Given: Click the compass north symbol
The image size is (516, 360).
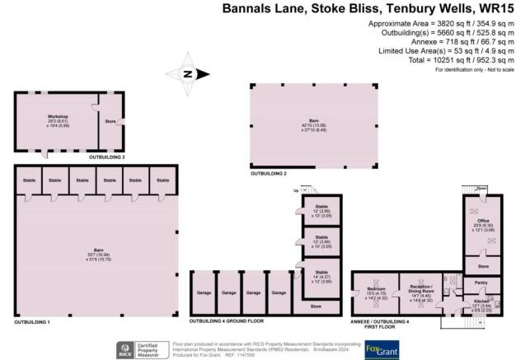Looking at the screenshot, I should (188, 75).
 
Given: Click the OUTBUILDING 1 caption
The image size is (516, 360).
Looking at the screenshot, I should (36, 320).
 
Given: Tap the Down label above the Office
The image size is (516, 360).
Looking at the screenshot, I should (483, 187).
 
